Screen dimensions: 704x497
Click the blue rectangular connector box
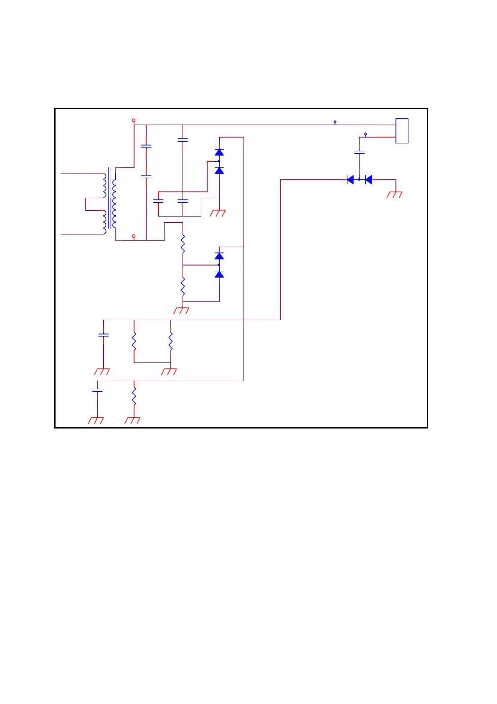[x=402, y=131]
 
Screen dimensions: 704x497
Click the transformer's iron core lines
[x=109, y=198]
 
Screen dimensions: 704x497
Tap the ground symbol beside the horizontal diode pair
[x=395, y=194]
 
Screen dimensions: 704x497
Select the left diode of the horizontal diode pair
[x=350, y=180]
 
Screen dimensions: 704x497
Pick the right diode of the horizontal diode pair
[x=368, y=180]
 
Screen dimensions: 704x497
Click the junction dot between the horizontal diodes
[x=359, y=180]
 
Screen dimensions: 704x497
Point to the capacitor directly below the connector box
[x=359, y=153]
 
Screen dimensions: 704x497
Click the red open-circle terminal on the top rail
[x=134, y=120]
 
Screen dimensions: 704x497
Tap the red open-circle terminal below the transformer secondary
[x=134, y=236]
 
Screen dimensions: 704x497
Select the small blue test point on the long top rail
[x=335, y=122]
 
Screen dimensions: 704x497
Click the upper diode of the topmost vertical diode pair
[x=219, y=152]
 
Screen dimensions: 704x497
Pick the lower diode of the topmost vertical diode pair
[x=219, y=170]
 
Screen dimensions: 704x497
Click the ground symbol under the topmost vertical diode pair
[x=218, y=213]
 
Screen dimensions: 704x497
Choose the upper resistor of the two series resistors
[x=183, y=244]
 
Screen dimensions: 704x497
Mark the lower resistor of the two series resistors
[x=183, y=286]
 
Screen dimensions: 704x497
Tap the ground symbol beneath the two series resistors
[x=181, y=311]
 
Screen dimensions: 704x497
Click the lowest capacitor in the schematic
[x=97, y=390]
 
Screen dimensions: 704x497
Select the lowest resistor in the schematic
[x=134, y=396]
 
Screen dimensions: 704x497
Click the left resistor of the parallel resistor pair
[x=134, y=341]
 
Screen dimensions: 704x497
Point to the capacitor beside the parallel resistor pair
[x=103, y=335]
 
